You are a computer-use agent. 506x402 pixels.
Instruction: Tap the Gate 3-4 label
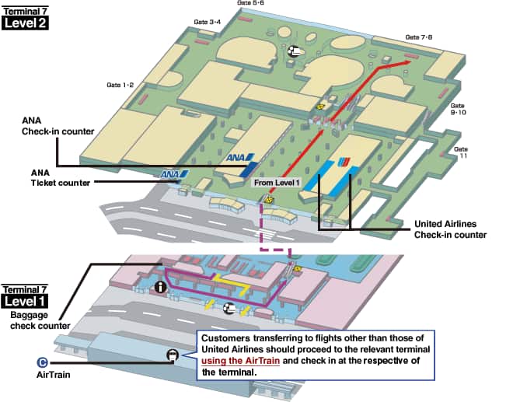(x=205, y=21)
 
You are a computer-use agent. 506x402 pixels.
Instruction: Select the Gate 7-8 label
(x=418, y=37)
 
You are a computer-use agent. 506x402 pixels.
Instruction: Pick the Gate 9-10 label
(x=459, y=109)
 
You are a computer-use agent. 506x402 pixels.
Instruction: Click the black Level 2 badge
(x=26, y=23)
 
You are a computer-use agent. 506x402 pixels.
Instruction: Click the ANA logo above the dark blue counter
(x=236, y=158)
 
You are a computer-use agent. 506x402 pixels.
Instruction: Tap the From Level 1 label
(x=276, y=182)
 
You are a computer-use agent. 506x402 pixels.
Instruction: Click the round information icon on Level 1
(x=161, y=288)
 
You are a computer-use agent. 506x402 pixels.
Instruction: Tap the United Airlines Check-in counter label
(x=450, y=229)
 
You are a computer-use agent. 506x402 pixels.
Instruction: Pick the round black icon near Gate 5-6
(x=295, y=51)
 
